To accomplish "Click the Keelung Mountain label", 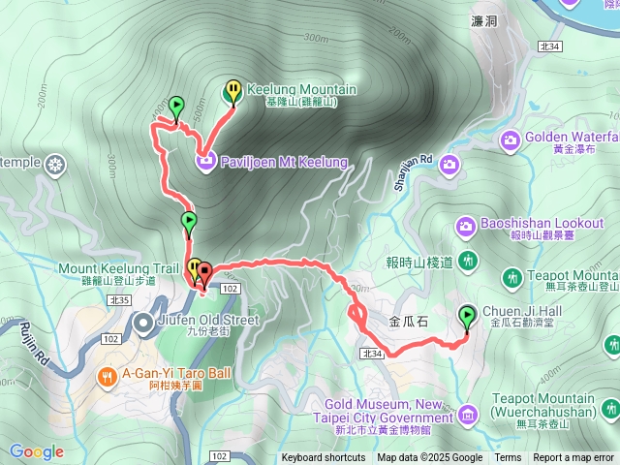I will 301,90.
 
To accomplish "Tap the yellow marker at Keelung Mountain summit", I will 233,91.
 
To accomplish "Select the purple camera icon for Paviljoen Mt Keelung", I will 206,161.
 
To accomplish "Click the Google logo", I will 37,451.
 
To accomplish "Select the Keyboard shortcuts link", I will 324,458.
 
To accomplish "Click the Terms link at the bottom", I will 508,458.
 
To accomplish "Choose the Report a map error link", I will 573,458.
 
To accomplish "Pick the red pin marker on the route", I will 204,273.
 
